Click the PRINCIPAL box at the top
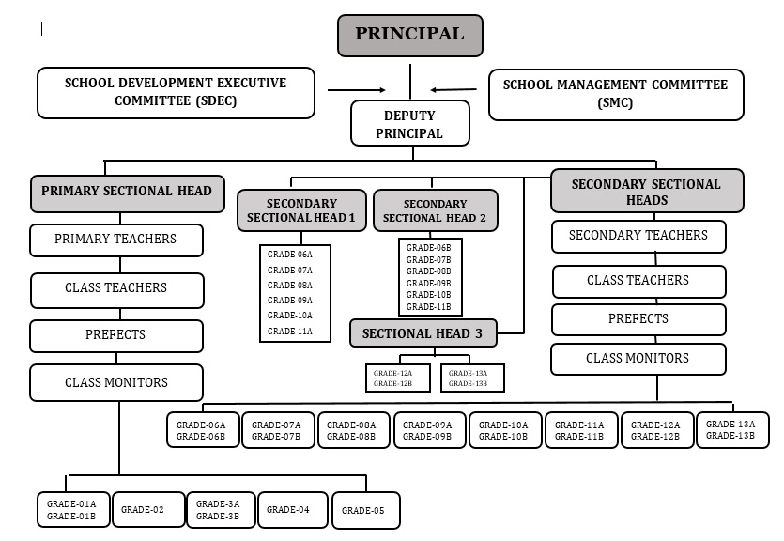(409, 35)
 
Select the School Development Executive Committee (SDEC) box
(176, 92)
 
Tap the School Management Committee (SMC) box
(615, 94)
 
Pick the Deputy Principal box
(409, 124)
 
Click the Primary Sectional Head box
(128, 192)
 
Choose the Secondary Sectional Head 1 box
(301, 210)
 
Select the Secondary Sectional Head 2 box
(435, 210)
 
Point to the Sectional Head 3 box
(423, 332)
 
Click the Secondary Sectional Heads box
(646, 192)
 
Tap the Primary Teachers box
(116, 240)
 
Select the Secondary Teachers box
(638, 236)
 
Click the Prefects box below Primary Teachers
(116, 335)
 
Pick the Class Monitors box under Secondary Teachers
(638, 359)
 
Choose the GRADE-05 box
(365, 511)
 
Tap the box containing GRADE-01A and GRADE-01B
(72, 510)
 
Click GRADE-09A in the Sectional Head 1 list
(290, 301)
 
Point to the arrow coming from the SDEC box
(356, 90)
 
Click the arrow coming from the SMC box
(453, 90)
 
